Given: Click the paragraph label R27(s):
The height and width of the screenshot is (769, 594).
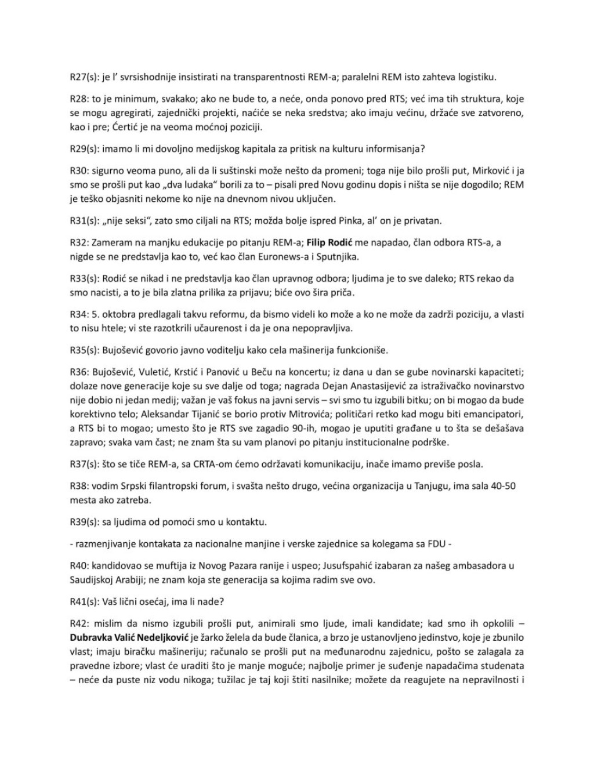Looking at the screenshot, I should [x=83, y=77].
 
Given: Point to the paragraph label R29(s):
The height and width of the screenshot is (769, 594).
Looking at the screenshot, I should [x=83, y=148].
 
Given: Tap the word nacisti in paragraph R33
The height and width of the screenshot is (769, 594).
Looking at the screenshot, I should [x=108, y=292].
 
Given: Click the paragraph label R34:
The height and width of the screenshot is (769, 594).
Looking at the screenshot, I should [x=78, y=314].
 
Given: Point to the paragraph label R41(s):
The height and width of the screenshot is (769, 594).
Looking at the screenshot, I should [x=83, y=601].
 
